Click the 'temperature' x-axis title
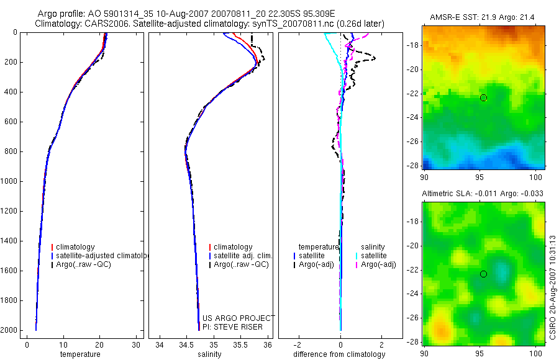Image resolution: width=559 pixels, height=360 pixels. (80, 354)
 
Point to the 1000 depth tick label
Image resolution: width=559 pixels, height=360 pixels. (9, 181)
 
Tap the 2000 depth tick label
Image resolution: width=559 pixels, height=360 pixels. (9, 330)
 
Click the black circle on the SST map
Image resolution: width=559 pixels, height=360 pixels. (483, 97)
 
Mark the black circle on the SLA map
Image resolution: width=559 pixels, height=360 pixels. (483, 274)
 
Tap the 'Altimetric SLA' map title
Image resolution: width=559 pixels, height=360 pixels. (483, 194)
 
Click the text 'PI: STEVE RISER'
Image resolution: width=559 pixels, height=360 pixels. (233, 326)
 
